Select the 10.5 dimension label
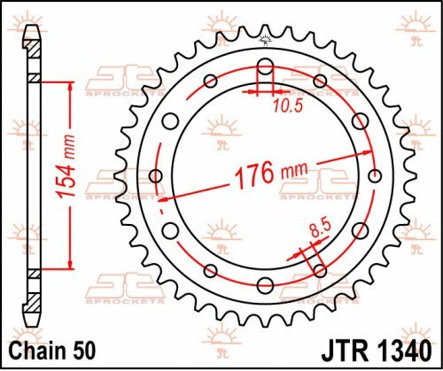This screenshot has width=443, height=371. tap(282, 104)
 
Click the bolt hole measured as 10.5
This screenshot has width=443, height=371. tap(263, 65)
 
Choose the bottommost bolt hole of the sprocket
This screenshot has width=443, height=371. tap(264, 284)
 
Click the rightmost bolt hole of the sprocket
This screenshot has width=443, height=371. tap(373, 174)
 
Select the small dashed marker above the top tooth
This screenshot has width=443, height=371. tap(263, 38)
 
